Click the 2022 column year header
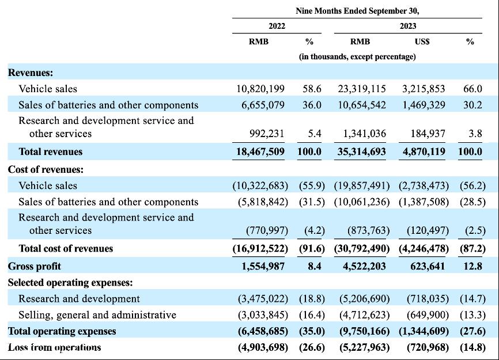pyautogui.click(x=277, y=26)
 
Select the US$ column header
pyautogui.click(x=422, y=41)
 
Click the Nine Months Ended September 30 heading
pyautogui.click(x=357, y=11)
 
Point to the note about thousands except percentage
pyautogui.click(x=357, y=56)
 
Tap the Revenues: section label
pyautogui.click(x=31, y=73)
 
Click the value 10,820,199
pyautogui.click(x=260, y=89)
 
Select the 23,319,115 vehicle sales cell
pyautogui.click(x=362, y=89)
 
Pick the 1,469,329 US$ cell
pyautogui.click(x=424, y=105)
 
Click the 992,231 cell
pyautogui.click(x=267, y=134)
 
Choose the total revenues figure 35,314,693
pyautogui.click(x=361, y=151)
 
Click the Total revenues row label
pyautogui.click(x=51, y=151)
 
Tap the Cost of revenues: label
pyautogui.click(x=46, y=169)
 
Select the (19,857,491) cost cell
pyautogui.click(x=362, y=185)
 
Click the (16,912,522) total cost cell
pyautogui.click(x=260, y=248)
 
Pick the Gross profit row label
pyautogui.click(x=35, y=266)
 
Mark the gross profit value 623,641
pyautogui.click(x=428, y=266)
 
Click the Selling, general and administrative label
pyautogui.click(x=97, y=315)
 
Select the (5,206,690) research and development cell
pyautogui.click(x=364, y=299)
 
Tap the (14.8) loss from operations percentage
pyautogui.click(x=472, y=347)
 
